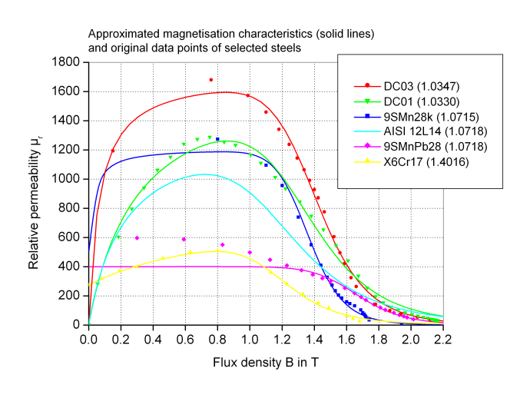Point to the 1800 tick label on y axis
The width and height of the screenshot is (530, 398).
pos(69,62)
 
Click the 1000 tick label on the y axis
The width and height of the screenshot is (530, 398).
pos(69,179)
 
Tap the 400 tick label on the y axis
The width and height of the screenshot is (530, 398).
pos(72,267)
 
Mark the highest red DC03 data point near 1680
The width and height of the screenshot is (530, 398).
pos(211,80)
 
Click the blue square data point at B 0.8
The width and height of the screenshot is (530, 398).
pos(217,139)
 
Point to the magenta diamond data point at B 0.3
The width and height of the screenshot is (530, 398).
pos(137,238)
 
